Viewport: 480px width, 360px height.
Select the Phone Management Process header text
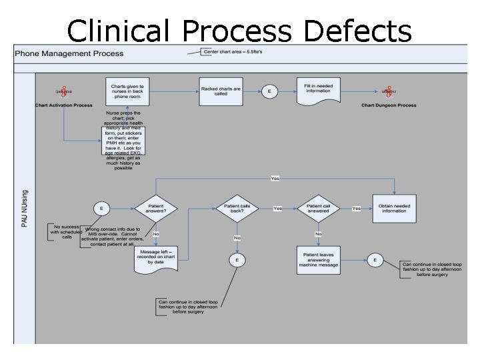(69, 53)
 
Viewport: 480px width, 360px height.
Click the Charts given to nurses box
(127, 90)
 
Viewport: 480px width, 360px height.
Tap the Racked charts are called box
(221, 90)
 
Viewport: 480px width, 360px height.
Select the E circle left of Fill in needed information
(269, 91)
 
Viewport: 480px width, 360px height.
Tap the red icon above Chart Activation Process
(64, 92)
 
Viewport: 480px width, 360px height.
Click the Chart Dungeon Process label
(389, 105)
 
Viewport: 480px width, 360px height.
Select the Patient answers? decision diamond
(155, 208)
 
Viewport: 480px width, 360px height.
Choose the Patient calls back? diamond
(237, 208)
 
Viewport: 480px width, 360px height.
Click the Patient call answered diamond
(318, 208)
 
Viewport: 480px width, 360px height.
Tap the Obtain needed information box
(394, 208)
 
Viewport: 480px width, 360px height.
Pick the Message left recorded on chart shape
(155, 258)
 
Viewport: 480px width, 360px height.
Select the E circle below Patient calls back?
(237, 259)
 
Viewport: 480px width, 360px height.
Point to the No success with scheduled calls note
(67, 231)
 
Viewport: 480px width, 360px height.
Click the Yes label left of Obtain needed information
(357, 209)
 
